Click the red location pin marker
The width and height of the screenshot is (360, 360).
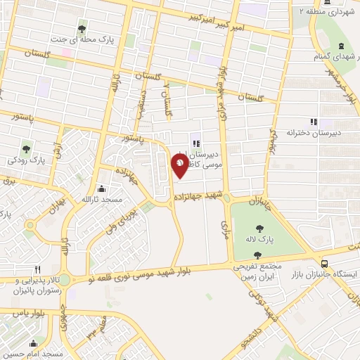[180, 166]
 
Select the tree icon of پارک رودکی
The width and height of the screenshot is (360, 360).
[26, 148]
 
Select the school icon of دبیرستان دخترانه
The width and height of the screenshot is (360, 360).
[314, 121]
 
